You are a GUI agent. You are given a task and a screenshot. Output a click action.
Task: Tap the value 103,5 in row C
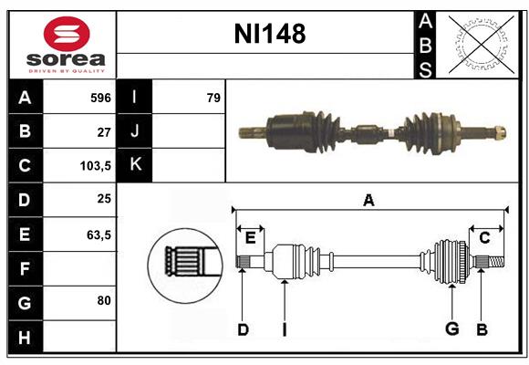point(95,166)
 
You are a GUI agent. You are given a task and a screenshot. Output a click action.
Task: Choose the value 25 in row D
point(104,200)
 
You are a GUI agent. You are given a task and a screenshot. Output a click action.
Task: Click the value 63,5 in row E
point(99,235)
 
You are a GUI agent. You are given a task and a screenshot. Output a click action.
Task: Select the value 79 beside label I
point(213,98)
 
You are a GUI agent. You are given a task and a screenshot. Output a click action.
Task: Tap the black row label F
point(25,268)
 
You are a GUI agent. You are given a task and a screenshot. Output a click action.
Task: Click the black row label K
point(135,165)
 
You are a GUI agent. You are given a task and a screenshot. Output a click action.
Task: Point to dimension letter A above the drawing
point(368,200)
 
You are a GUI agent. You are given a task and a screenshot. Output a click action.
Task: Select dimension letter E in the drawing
point(250,238)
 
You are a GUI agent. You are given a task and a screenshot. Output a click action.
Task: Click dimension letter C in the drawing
point(484,238)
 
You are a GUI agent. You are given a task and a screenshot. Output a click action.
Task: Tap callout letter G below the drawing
point(451,328)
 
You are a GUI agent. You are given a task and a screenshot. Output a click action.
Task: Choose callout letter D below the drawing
point(243,328)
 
